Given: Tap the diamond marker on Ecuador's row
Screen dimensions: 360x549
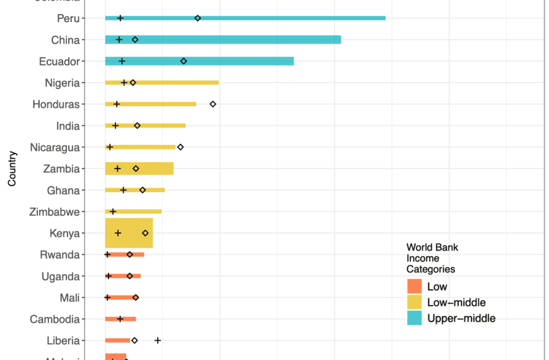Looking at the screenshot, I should (184, 61).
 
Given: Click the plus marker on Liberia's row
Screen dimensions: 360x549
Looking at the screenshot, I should (158, 340).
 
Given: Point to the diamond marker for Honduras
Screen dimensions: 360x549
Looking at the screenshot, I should (213, 104).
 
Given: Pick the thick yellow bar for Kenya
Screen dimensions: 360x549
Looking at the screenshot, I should (129, 233).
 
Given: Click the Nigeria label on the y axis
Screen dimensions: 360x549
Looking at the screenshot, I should (62, 83).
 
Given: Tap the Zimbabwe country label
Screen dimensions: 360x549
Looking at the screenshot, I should (54, 212).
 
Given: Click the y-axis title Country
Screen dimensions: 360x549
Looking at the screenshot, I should (12, 169).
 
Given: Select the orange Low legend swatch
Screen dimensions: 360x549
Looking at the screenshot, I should (414, 286).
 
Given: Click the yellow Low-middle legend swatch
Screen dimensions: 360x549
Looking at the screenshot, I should (414, 303).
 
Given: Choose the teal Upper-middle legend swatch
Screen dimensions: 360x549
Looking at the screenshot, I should (414, 318).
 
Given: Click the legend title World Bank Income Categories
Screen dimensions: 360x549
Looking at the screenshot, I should (432, 258).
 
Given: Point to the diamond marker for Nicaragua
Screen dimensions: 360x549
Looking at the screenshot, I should (180, 147).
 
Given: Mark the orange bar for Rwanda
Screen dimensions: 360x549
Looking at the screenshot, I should (124, 255).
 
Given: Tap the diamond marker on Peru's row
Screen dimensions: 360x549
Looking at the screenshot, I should (198, 18).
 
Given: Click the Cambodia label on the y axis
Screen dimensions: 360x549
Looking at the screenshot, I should (55, 319).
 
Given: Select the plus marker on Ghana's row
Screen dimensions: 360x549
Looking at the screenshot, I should (124, 190).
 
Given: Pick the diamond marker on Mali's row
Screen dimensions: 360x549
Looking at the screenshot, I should (136, 297).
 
